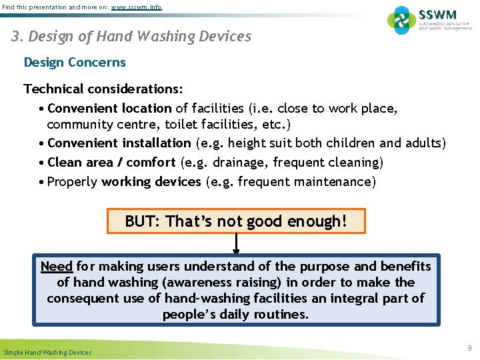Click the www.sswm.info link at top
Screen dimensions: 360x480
point(136,7)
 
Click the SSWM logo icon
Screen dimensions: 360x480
point(401,20)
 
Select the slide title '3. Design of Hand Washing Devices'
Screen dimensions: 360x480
point(131,36)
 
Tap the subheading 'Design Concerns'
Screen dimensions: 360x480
point(75,63)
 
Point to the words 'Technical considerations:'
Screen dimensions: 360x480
point(103,89)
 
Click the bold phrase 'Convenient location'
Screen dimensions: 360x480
point(110,108)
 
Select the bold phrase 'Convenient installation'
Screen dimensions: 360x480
point(119,143)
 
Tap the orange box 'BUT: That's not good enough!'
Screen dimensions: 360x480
point(236,221)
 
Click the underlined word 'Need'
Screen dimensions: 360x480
point(56,267)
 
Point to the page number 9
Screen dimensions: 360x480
point(469,348)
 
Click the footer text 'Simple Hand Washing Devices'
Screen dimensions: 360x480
point(48,352)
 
